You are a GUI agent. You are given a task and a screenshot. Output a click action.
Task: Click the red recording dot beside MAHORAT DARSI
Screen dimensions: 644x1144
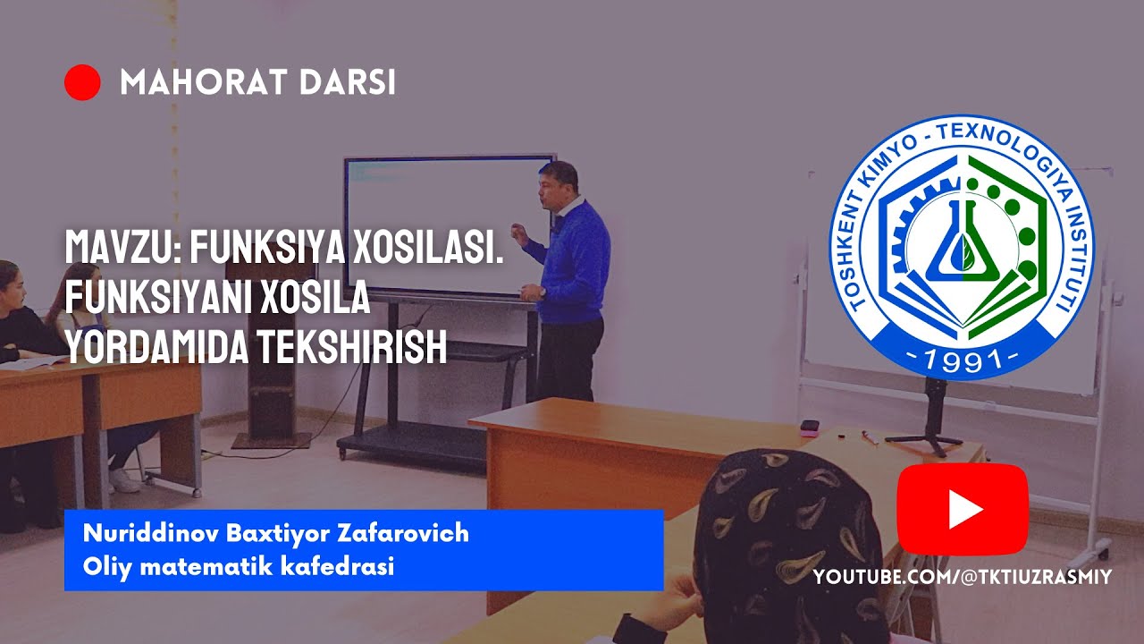click(82, 82)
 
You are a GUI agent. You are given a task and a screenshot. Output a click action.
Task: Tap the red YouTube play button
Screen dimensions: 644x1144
click(963, 509)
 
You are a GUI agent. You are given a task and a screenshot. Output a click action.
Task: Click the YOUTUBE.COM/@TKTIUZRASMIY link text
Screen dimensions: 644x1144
click(963, 578)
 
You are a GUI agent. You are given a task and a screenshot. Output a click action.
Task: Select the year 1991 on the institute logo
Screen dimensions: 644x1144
click(963, 360)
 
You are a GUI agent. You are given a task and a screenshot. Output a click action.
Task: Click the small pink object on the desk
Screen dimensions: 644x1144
click(810, 427)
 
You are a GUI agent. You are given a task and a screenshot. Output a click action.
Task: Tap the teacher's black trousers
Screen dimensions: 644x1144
click(569, 358)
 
